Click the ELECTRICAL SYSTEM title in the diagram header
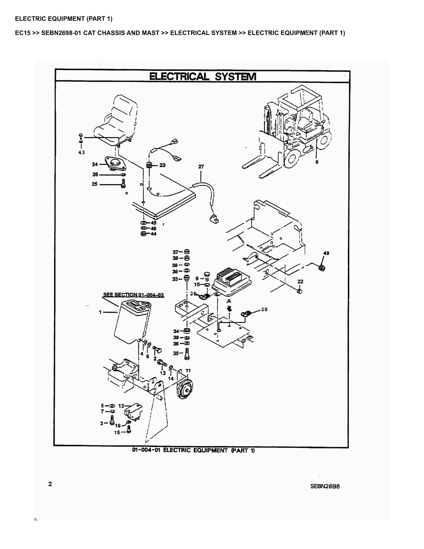tap(203, 76)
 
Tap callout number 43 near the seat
tap(81, 152)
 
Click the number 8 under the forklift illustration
tap(317, 162)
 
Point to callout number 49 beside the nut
tap(326, 253)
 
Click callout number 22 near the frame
tap(300, 282)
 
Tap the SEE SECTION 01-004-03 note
tap(134, 295)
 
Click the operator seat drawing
tap(116, 121)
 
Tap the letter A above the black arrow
tap(229, 301)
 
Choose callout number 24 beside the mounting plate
tap(95, 164)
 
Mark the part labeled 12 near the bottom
tap(133, 412)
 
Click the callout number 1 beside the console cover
tap(100, 312)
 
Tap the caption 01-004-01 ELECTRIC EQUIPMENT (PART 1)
tap(193, 450)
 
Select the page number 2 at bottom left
tap(50, 484)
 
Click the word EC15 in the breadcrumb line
tap(23, 33)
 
